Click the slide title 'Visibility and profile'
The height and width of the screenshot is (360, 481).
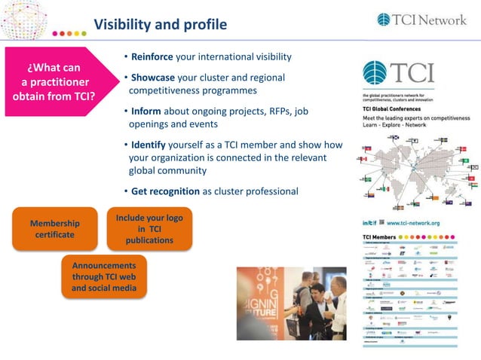click(159, 25)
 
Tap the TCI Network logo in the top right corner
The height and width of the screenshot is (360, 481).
click(421, 20)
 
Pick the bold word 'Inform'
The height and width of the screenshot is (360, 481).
click(148, 111)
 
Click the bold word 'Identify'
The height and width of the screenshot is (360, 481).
click(152, 145)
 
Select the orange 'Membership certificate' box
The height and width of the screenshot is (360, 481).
click(54, 229)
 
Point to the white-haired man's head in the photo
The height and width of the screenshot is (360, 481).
click(339, 284)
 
